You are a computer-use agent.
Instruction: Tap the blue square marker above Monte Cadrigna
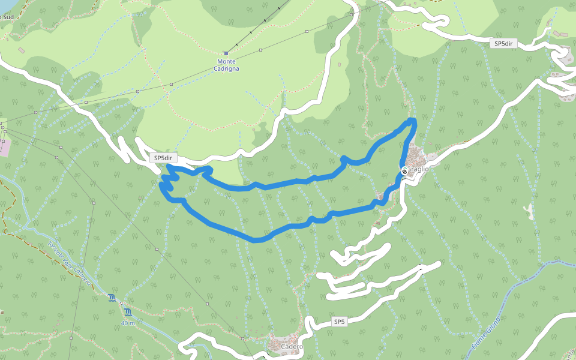pyautogui.click(x=226, y=53)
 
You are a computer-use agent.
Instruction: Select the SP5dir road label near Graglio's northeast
pyautogui.click(x=503, y=44)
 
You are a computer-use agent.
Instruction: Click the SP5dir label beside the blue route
pyautogui.click(x=163, y=158)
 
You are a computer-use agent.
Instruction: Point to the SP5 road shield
pyautogui.click(x=340, y=322)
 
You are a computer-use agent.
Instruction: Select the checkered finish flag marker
pyautogui.click(x=405, y=171)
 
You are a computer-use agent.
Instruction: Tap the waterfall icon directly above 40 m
pyautogui.click(x=128, y=312)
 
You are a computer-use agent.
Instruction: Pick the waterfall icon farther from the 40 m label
pyautogui.click(x=112, y=298)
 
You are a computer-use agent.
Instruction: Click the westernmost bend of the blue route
pyautogui.click(x=161, y=187)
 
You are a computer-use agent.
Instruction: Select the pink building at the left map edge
pyautogui.click(x=3, y=146)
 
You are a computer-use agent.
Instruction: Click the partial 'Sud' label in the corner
pyautogui.click(x=7, y=17)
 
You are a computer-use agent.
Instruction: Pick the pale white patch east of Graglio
pyautogui.click(x=529, y=211)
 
